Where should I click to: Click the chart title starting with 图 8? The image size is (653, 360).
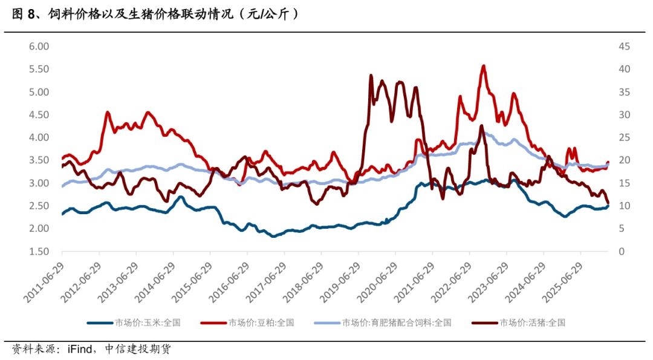(155, 14)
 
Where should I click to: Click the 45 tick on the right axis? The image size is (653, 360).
(624, 47)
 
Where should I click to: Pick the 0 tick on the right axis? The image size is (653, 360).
(621, 252)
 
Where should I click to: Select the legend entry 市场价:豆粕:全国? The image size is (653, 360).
(261, 323)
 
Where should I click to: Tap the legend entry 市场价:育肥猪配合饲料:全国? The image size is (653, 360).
(396, 323)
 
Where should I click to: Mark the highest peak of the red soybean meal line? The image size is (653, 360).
(483, 66)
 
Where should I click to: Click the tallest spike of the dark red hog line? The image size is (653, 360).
(371, 76)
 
